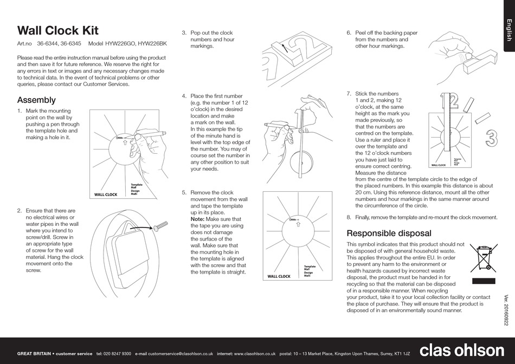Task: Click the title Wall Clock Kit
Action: point(57,30)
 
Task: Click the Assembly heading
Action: point(36,100)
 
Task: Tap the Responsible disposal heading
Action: point(389,233)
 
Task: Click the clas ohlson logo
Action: point(461,350)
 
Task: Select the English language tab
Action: point(508,30)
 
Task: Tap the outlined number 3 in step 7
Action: point(491,138)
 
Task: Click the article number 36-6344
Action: point(47,44)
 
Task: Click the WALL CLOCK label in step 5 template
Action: point(279,276)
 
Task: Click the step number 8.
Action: point(349,217)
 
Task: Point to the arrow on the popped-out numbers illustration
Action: point(283,48)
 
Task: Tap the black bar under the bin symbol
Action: point(483,281)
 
